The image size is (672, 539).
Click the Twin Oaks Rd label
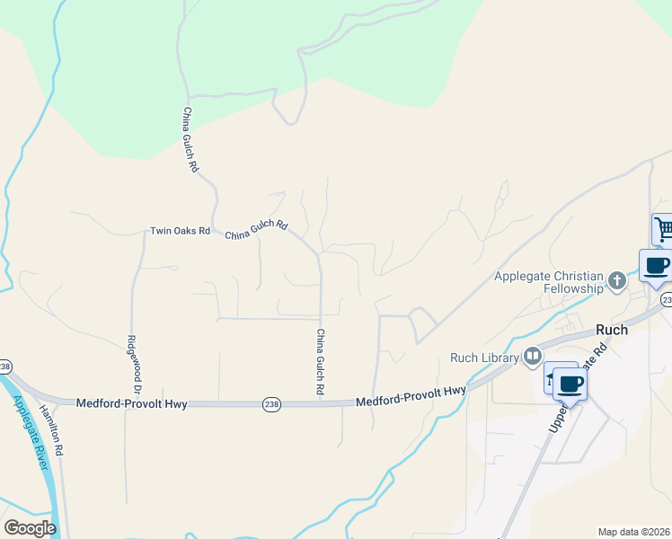[x=180, y=231]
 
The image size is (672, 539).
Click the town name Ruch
[x=611, y=330]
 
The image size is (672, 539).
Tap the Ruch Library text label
[x=485, y=358]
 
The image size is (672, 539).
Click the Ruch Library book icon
[x=533, y=357]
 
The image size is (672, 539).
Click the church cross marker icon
[x=616, y=281]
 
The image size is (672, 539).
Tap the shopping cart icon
[x=664, y=229]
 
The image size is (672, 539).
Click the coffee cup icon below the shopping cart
[x=656, y=265]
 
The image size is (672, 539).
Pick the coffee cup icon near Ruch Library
[x=570, y=384]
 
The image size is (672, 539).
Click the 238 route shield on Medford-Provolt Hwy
[x=271, y=405]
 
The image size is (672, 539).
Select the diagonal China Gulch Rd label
[x=256, y=230]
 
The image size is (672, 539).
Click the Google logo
[x=30, y=528]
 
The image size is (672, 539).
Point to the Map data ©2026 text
[x=633, y=532]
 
